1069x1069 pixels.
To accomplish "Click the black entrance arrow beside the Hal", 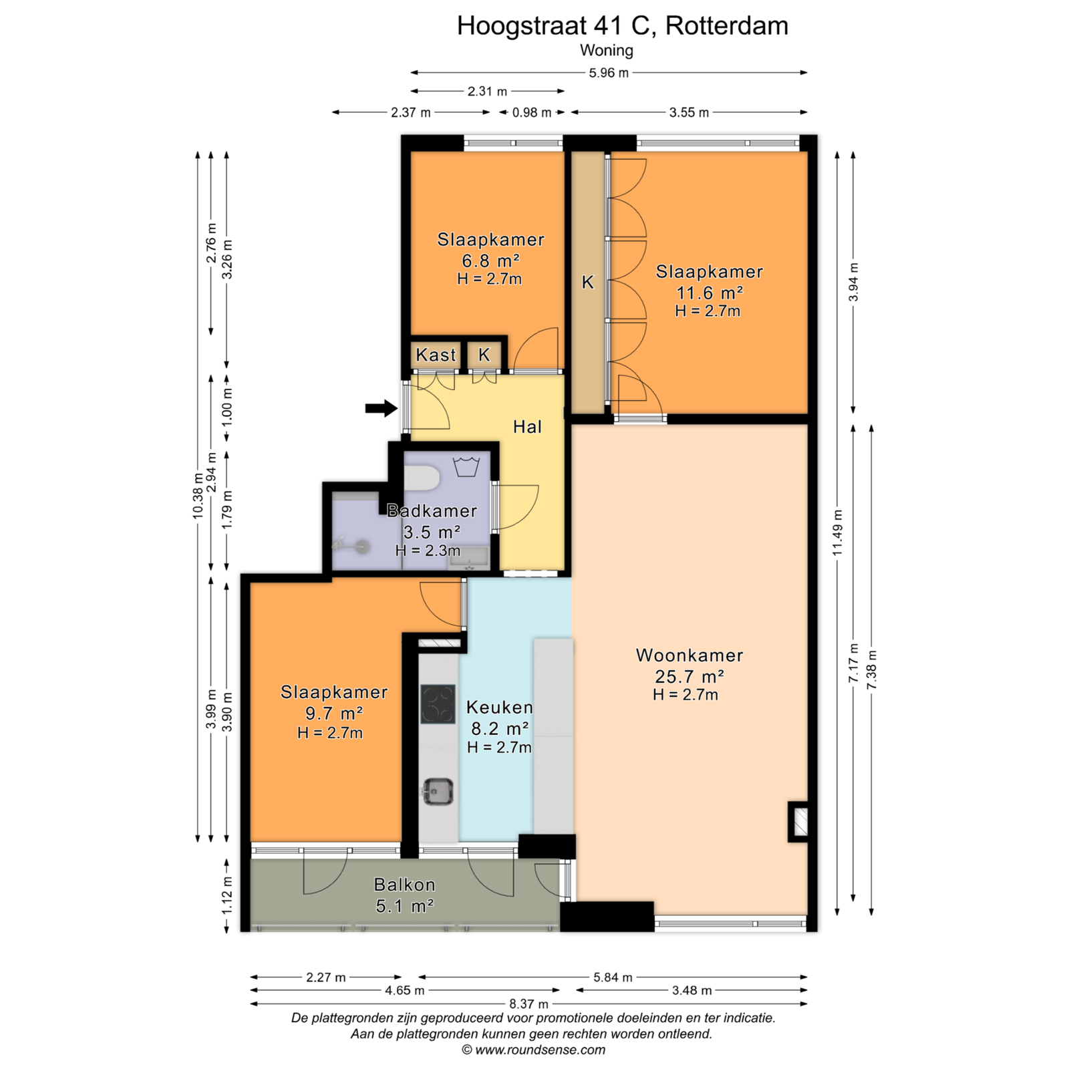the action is [381, 408].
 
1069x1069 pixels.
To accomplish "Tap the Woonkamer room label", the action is [690, 655].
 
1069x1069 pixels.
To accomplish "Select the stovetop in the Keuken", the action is [438, 704].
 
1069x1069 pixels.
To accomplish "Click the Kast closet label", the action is [436, 355].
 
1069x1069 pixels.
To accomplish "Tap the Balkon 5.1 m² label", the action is [404, 895].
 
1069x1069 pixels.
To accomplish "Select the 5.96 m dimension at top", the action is [609, 72].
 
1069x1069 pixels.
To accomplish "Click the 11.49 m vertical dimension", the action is [838, 532].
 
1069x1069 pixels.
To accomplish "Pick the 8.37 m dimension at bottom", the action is [529, 1004].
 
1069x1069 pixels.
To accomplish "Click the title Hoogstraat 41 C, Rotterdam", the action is [623, 25].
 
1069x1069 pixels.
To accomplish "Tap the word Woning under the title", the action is [607, 50].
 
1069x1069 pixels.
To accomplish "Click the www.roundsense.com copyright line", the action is [533, 1050].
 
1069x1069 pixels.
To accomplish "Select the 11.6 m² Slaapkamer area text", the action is [710, 293].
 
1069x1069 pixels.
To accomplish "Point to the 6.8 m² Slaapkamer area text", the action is [490, 261].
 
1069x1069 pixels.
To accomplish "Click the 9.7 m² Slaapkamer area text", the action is [333, 713].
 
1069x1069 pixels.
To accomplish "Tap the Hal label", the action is [527, 427].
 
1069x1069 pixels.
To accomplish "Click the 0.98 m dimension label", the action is [532, 112].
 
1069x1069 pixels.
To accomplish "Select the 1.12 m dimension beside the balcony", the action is [227, 895].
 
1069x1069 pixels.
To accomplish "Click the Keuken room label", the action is [500, 707].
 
